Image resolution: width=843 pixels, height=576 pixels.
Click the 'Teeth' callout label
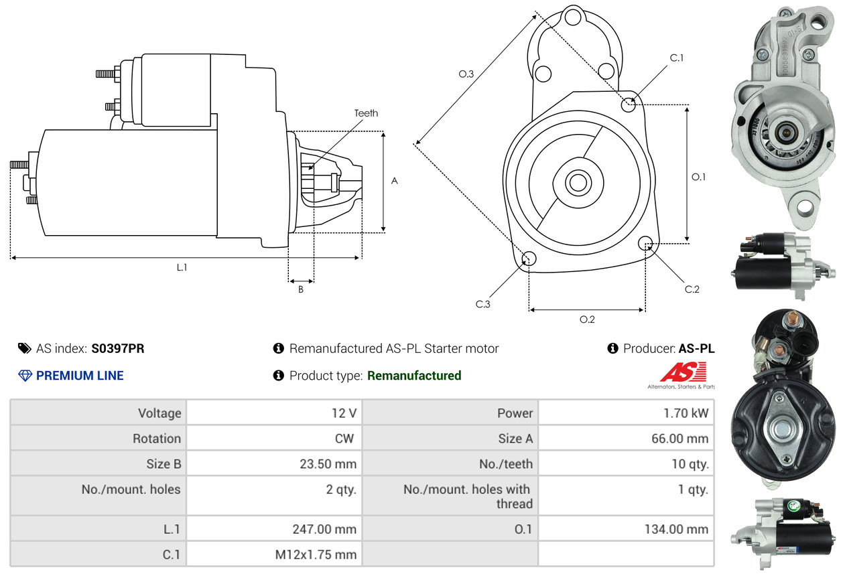[366, 113]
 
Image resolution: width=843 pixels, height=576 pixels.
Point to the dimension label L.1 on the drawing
[182, 267]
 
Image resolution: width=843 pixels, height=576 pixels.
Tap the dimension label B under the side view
[301, 289]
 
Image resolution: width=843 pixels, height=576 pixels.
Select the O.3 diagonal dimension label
[466, 74]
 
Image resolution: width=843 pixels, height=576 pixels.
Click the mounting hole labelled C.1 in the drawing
[629, 104]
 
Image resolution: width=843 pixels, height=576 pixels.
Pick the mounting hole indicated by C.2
[645, 242]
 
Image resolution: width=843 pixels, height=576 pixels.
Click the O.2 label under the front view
[587, 319]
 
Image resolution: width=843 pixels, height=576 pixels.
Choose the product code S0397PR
[118, 348]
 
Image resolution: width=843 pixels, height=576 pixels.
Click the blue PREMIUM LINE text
[80, 376]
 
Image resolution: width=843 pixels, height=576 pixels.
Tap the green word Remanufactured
[414, 376]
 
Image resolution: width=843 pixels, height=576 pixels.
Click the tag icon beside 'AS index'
[25, 348]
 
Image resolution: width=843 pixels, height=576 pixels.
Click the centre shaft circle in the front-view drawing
[576, 182]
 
